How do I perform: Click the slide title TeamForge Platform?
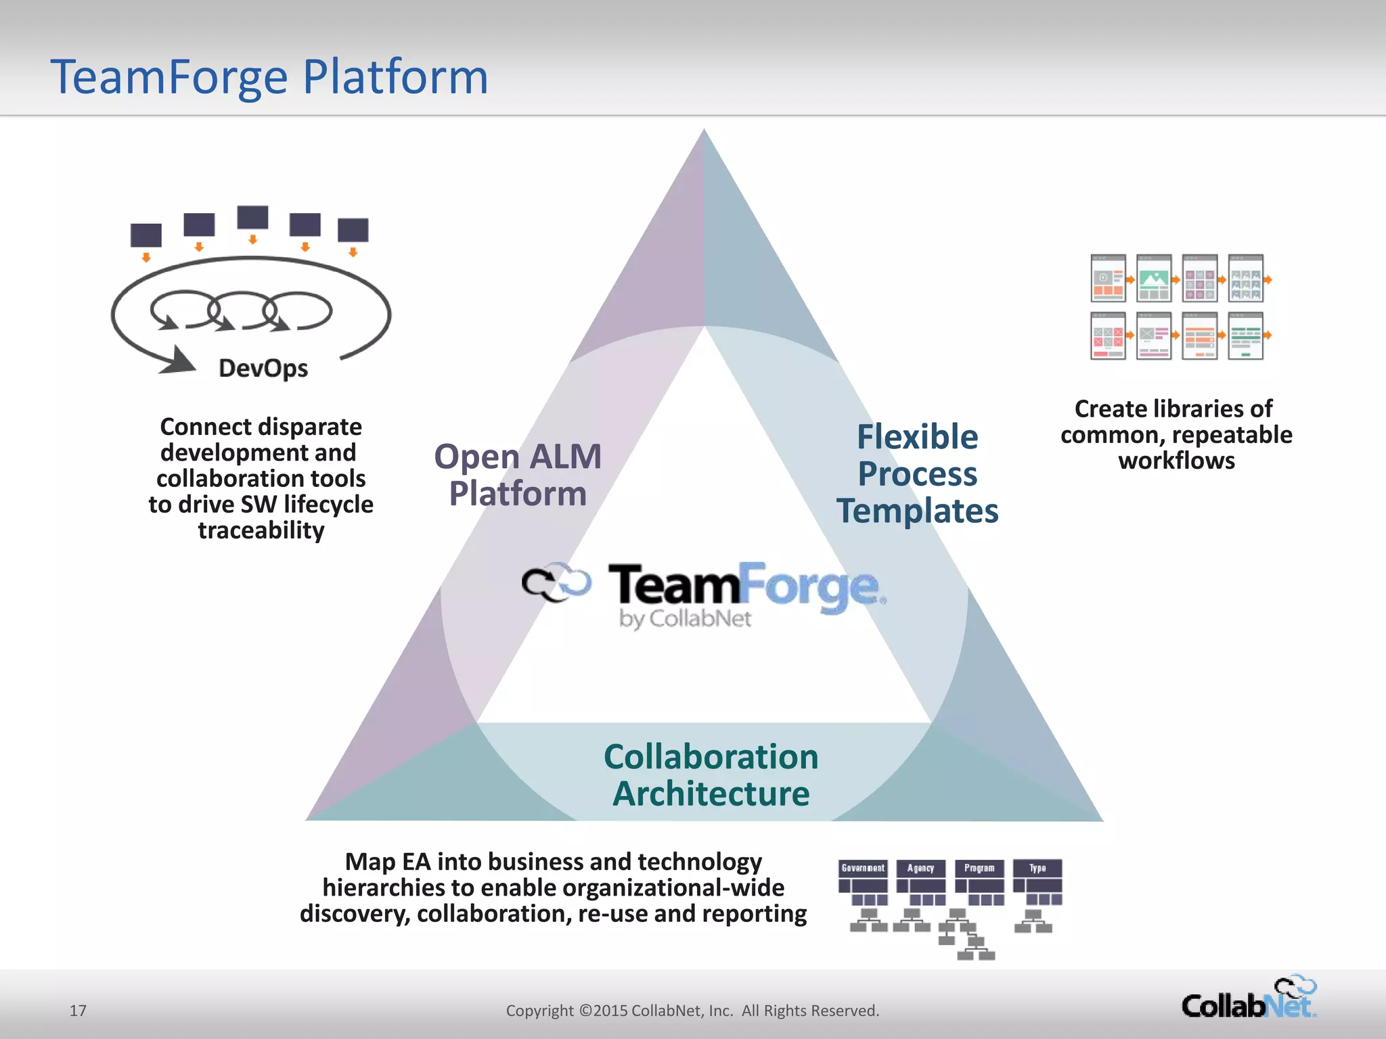(269, 76)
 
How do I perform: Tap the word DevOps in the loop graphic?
(263, 369)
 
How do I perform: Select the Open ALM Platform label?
(518, 475)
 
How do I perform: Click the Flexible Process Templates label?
(917, 474)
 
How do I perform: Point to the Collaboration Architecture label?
(711, 775)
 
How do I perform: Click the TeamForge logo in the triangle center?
(704, 585)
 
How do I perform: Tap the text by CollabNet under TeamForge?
(685, 619)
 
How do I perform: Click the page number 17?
(78, 1011)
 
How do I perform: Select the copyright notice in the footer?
(692, 1011)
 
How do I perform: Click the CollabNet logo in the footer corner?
(1249, 998)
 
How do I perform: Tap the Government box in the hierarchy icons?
(863, 868)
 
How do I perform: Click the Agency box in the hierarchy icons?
(921, 868)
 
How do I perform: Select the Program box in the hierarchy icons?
(979, 868)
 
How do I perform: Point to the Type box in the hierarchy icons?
(1037, 868)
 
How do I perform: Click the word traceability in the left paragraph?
(261, 530)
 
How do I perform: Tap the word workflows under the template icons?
(1176, 461)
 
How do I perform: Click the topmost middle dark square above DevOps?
(252, 218)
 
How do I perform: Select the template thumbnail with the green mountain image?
(1154, 278)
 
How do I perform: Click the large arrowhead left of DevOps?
(179, 361)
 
